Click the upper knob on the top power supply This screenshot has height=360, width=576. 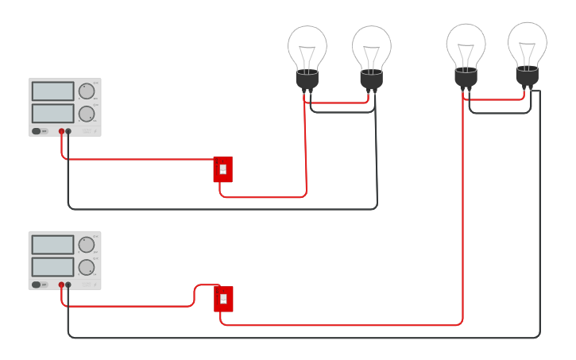pos(86,91)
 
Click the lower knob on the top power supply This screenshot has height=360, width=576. pos(86,114)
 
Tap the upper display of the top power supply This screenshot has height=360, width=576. pos(52,91)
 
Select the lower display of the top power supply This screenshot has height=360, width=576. pos(52,113)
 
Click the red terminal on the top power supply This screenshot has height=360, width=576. pos(61,131)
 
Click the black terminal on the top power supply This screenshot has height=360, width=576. pos(68,131)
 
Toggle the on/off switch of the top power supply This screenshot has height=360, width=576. pos(37,131)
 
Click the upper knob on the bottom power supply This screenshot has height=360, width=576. pos(86,245)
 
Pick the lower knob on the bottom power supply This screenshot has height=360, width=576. pos(86,267)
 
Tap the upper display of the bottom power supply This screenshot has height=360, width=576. pos(52,245)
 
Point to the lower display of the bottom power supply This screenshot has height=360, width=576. pos(52,266)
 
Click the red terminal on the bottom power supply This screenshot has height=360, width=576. pos(61,285)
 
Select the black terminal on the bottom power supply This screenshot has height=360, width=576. pos(68,285)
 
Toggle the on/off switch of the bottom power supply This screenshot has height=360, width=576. pos(37,285)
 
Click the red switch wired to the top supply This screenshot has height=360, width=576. pos(223,168)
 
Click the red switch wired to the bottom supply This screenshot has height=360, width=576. pos(223,299)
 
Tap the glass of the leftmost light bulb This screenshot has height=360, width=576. pos(307,46)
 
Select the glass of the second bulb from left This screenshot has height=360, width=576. pos(371,46)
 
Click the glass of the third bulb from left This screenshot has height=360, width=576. pos(466,44)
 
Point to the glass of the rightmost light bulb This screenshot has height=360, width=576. pos(527,42)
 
